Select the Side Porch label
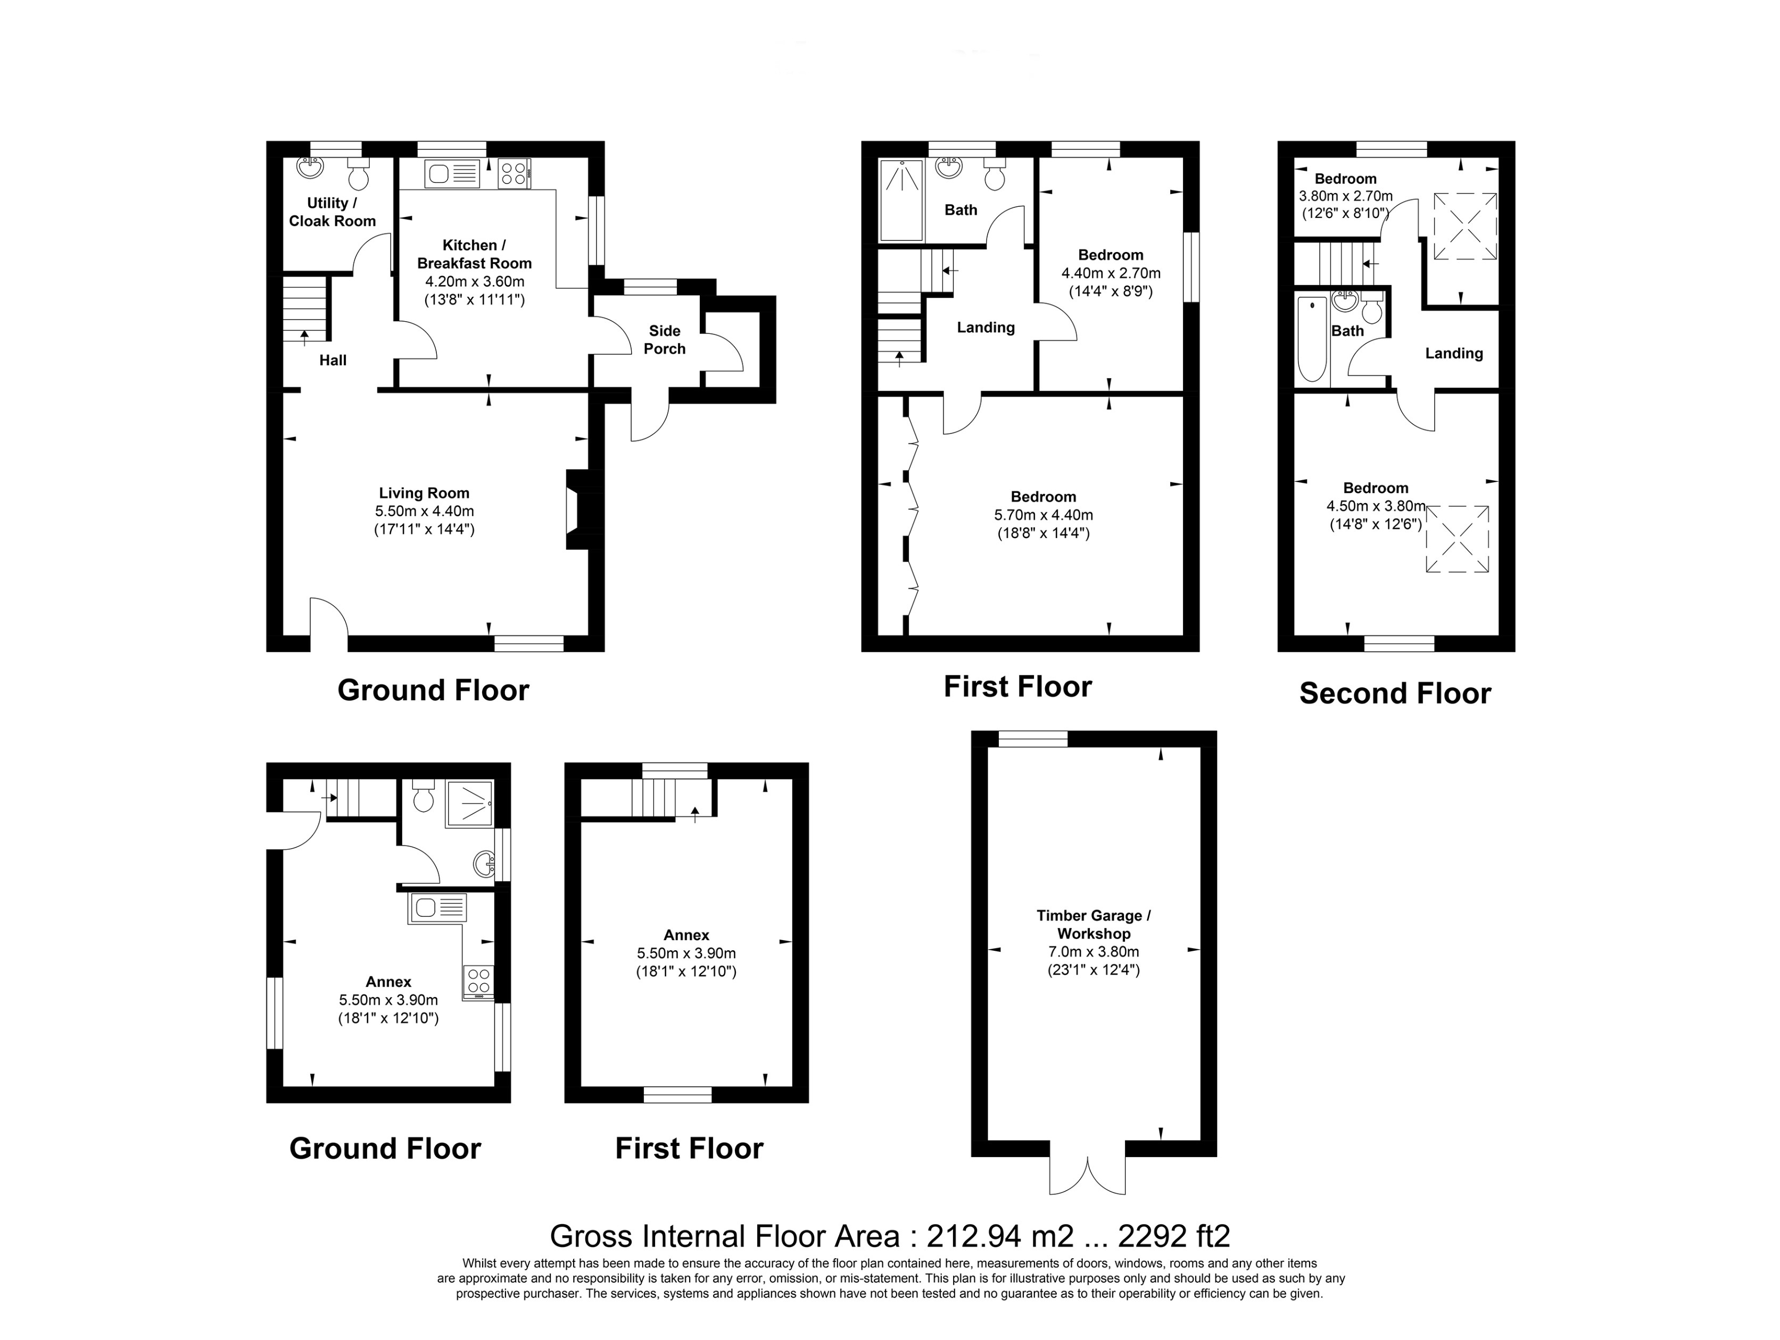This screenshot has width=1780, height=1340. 664,339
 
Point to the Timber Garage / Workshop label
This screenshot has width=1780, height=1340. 1093,924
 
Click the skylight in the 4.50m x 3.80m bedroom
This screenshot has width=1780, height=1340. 1456,539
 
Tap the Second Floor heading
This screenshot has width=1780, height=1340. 1395,693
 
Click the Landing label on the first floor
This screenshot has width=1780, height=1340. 985,328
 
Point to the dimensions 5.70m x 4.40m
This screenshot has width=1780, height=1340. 1043,515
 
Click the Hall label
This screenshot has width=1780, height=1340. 333,361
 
